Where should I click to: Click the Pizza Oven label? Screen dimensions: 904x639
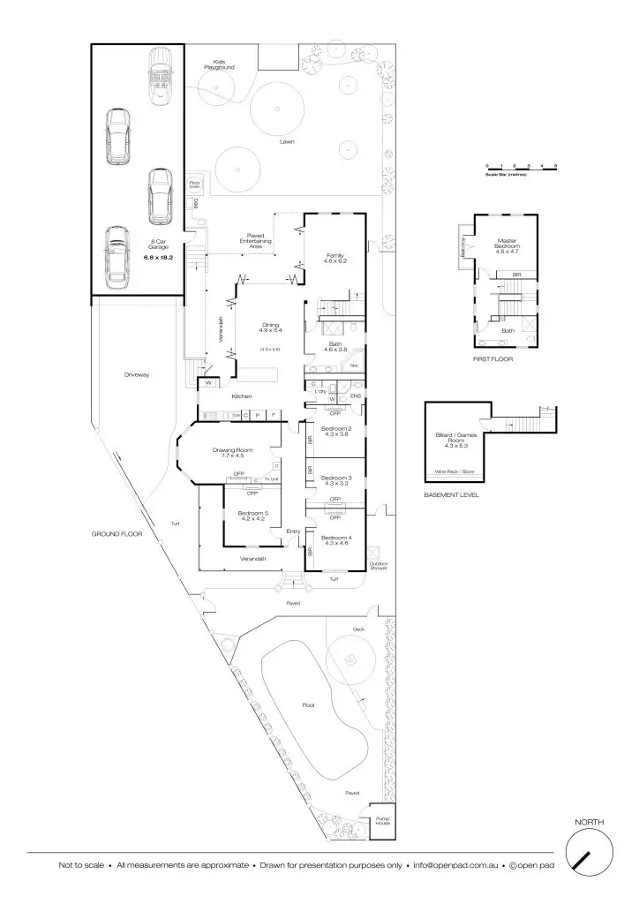[194, 184]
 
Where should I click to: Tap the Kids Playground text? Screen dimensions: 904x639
[219, 64]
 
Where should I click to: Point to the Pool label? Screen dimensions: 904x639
[308, 706]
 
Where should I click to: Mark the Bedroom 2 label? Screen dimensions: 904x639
[337, 432]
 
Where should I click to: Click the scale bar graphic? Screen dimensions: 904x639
[521, 167]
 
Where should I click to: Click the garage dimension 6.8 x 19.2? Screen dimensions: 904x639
[159, 258]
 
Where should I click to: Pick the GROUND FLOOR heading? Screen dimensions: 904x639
[117, 534]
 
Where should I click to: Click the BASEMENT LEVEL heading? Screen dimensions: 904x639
[451, 495]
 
